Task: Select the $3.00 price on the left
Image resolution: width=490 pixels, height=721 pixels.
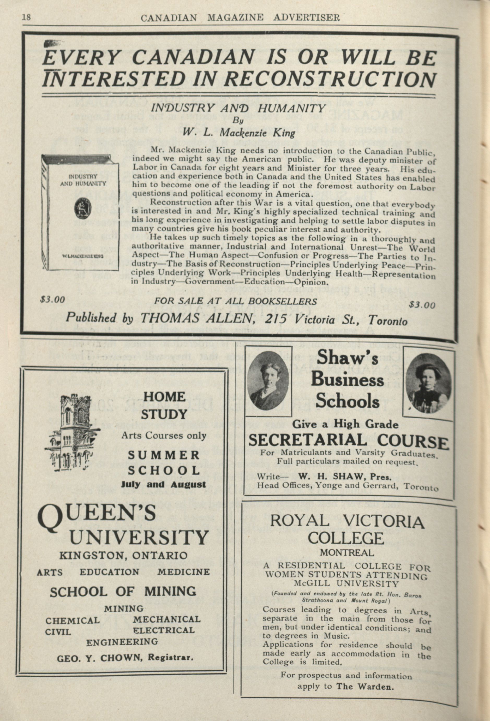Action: click(52, 299)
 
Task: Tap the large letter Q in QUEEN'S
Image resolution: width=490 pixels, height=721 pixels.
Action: click(51, 517)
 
